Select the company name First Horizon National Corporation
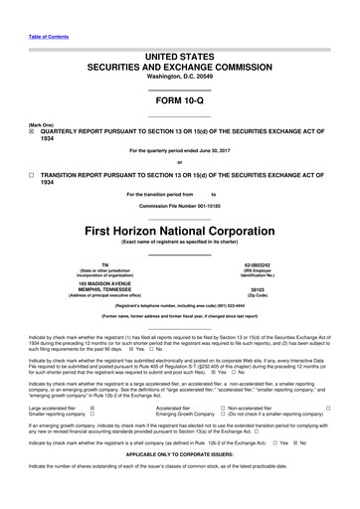(179, 227)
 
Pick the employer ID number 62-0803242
(270, 264)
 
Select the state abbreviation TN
(90, 264)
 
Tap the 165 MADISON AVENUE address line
(90, 283)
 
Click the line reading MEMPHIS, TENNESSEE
(90, 290)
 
